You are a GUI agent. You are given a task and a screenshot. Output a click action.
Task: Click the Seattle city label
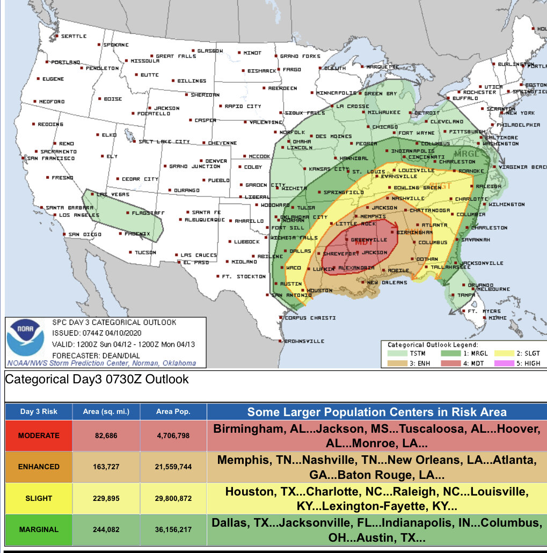pos(74,36)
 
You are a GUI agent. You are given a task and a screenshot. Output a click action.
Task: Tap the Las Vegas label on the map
pos(109,194)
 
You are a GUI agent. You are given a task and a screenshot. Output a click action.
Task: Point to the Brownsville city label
pos(304,341)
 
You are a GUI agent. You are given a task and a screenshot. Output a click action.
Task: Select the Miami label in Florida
pos(497,318)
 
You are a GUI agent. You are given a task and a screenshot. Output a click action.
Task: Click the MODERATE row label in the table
pos(38,435)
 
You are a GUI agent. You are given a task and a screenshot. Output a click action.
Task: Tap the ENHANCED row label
pos(38,467)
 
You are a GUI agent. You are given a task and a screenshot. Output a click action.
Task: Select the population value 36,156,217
pos(173,529)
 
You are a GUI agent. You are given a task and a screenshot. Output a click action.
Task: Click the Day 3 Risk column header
pos(38,412)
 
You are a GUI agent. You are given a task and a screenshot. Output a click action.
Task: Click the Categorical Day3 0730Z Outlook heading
pos(97,380)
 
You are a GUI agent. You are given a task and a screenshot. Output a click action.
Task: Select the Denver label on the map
pos(216,161)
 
